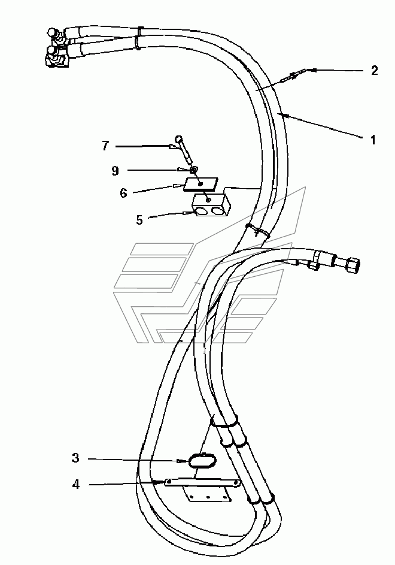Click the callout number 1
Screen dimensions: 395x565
pyautogui.click(x=373, y=140)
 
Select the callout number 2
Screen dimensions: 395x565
pyautogui.click(x=375, y=70)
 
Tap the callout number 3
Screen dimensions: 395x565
pyautogui.click(x=75, y=458)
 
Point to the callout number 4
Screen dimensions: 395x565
pyautogui.click(x=75, y=485)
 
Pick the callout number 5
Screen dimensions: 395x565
pyautogui.click(x=139, y=220)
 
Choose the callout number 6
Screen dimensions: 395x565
pyautogui.click(x=123, y=193)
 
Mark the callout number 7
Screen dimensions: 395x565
pyautogui.click(x=105, y=146)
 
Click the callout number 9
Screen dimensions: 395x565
pyautogui.click(x=115, y=170)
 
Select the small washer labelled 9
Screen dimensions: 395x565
pyautogui.click(x=195, y=170)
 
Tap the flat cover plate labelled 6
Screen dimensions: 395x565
pyautogui.click(x=201, y=184)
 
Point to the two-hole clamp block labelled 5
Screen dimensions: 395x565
pyautogui.click(x=211, y=206)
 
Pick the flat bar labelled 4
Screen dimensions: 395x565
pyautogui.click(x=202, y=482)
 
